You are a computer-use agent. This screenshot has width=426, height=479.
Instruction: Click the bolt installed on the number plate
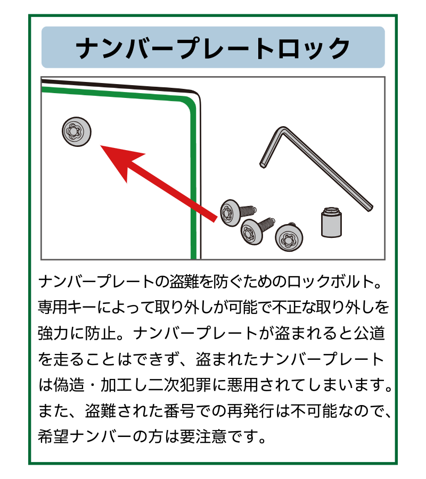[x=76, y=131]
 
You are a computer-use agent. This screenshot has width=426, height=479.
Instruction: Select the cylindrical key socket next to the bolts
[x=331, y=222]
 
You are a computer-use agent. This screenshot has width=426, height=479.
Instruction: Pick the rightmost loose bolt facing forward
[x=289, y=237]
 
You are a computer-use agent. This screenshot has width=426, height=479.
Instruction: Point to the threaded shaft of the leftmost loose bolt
[x=248, y=211]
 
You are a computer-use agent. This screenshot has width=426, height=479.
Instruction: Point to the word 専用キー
[x=67, y=307]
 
